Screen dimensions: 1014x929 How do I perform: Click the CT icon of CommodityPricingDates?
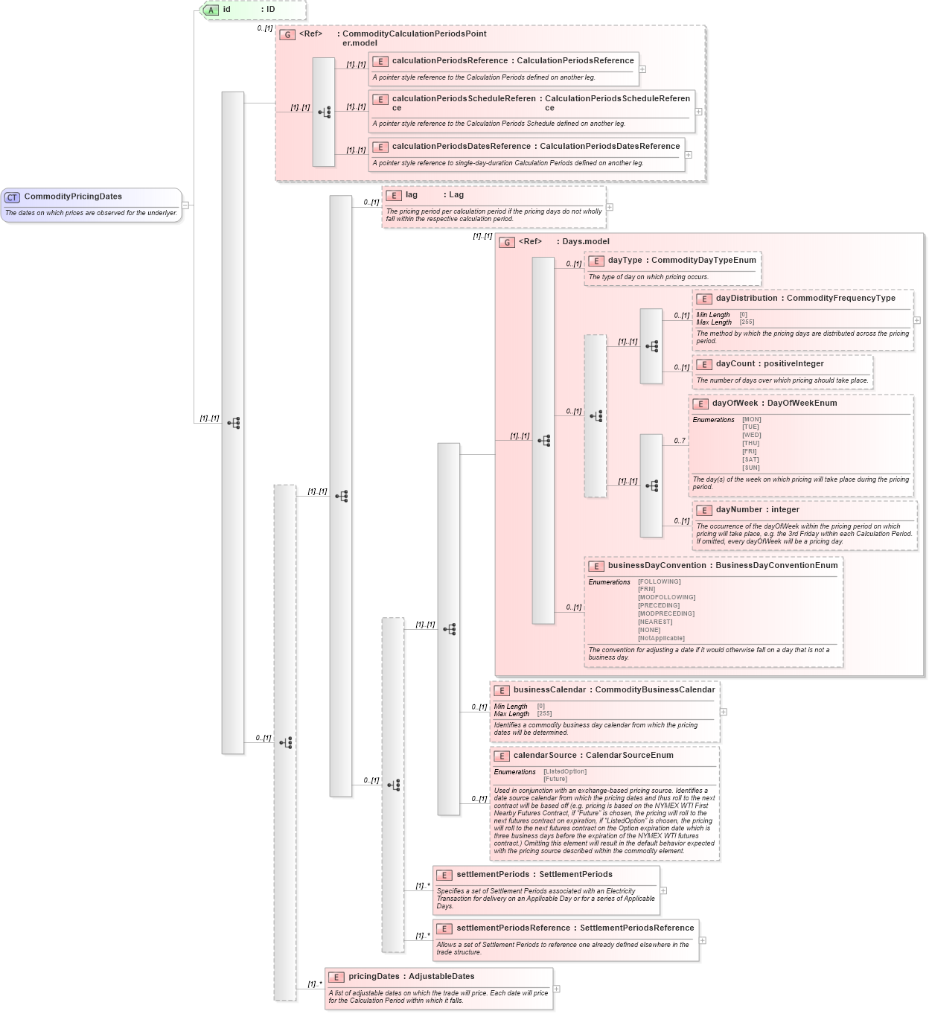(12, 197)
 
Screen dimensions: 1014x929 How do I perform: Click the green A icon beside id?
(211, 10)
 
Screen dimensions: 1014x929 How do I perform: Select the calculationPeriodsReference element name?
(450, 61)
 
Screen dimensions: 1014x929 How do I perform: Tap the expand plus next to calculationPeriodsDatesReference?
(689, 155)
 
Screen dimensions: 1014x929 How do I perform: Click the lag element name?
(412, 195)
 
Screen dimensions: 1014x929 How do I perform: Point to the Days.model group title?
(585, 242)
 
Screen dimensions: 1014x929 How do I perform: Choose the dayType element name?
(625, 261)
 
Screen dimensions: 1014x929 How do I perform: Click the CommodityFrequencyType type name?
(840, 299)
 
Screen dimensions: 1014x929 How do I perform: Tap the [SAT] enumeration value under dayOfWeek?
(750, 460)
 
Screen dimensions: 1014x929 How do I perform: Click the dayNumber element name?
(738, 510)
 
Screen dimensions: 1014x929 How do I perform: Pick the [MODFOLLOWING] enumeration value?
(666, 597)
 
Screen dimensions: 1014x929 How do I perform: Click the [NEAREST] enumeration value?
(655, 622)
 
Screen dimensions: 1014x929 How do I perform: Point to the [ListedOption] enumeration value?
(565, 772)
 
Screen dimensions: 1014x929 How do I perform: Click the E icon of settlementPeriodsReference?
(444, 929)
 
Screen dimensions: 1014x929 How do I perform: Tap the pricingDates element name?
(374, 977)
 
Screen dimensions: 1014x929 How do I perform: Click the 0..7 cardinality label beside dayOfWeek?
(680, 441)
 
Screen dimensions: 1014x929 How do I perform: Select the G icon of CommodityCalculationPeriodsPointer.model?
(287, 34)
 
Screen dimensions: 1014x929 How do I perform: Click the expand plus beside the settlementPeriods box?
(663, 890)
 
